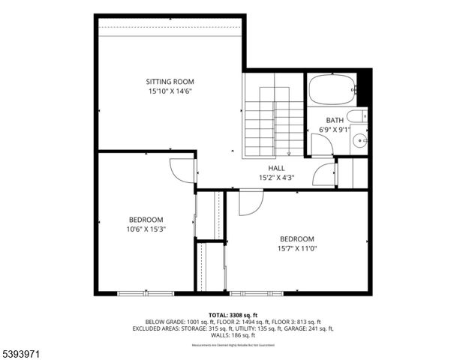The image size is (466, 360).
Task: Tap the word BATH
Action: click(x=334, y=120)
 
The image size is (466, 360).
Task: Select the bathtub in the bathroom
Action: click(x=335, y=90)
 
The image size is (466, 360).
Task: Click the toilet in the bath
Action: click(x=359, y=116)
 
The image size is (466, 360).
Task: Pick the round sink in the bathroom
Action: click(x=361, y=139)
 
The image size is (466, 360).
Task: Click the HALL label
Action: click(x=276, y=168)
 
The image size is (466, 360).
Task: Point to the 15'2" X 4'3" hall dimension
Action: click(x=276, y=178)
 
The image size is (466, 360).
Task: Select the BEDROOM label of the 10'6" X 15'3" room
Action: click(x=146, y=220)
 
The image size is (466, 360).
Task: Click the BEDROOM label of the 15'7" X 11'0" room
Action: click(x=297, y=238)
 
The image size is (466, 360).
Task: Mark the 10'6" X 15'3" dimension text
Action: click(x=146, y=229)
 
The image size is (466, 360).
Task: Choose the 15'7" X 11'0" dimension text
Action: click(x=297, y=248)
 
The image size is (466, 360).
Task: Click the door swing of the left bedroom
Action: click(x=180, y=169)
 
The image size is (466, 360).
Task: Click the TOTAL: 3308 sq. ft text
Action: click(x=233, y=315)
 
